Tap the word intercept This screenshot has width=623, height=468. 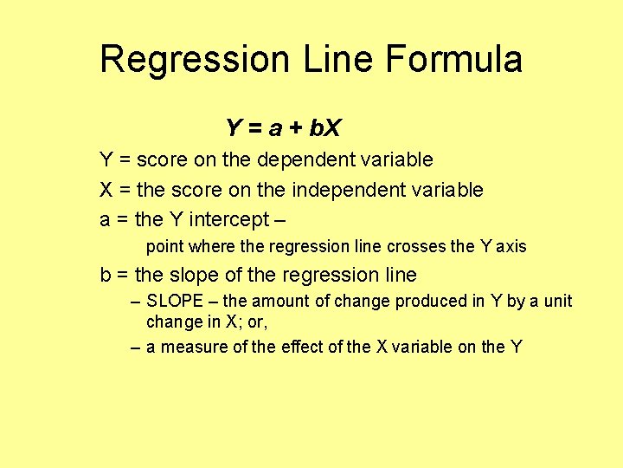pyautogui.click(x=239, y=218)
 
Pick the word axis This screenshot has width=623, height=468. pyautogui.click(x=511, y=247)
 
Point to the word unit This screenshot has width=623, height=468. pyautogui.click(x=557, y=302)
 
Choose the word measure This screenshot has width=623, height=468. pyautogui.click(x=189, y=348)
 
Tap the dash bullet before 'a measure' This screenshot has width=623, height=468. pyautogui.click(x=134, y=348)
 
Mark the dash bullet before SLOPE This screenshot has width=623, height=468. pyautogui.click(x=134, y=302)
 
